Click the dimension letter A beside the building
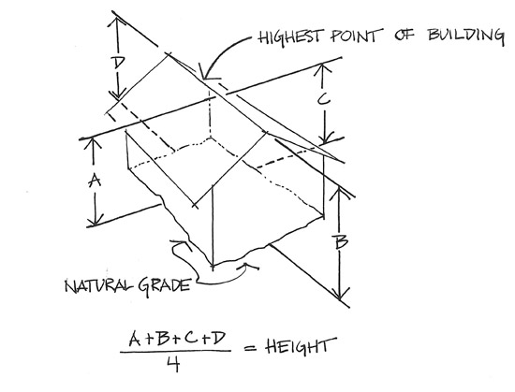(96, 180)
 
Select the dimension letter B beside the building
(340, 241)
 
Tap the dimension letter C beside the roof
(324, 99)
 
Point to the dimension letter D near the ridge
(118, 63)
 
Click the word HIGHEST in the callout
(289, 36)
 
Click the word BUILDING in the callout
(465, 36)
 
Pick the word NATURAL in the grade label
(99, 286)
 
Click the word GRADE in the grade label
(164, 286)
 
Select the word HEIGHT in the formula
(301, 347)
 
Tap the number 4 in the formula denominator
(173, 364)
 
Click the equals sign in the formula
(251, 348)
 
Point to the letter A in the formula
(136, 339)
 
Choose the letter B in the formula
(163, 339)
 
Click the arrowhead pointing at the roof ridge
(207, 74)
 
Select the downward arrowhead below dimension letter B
(340, 292)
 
